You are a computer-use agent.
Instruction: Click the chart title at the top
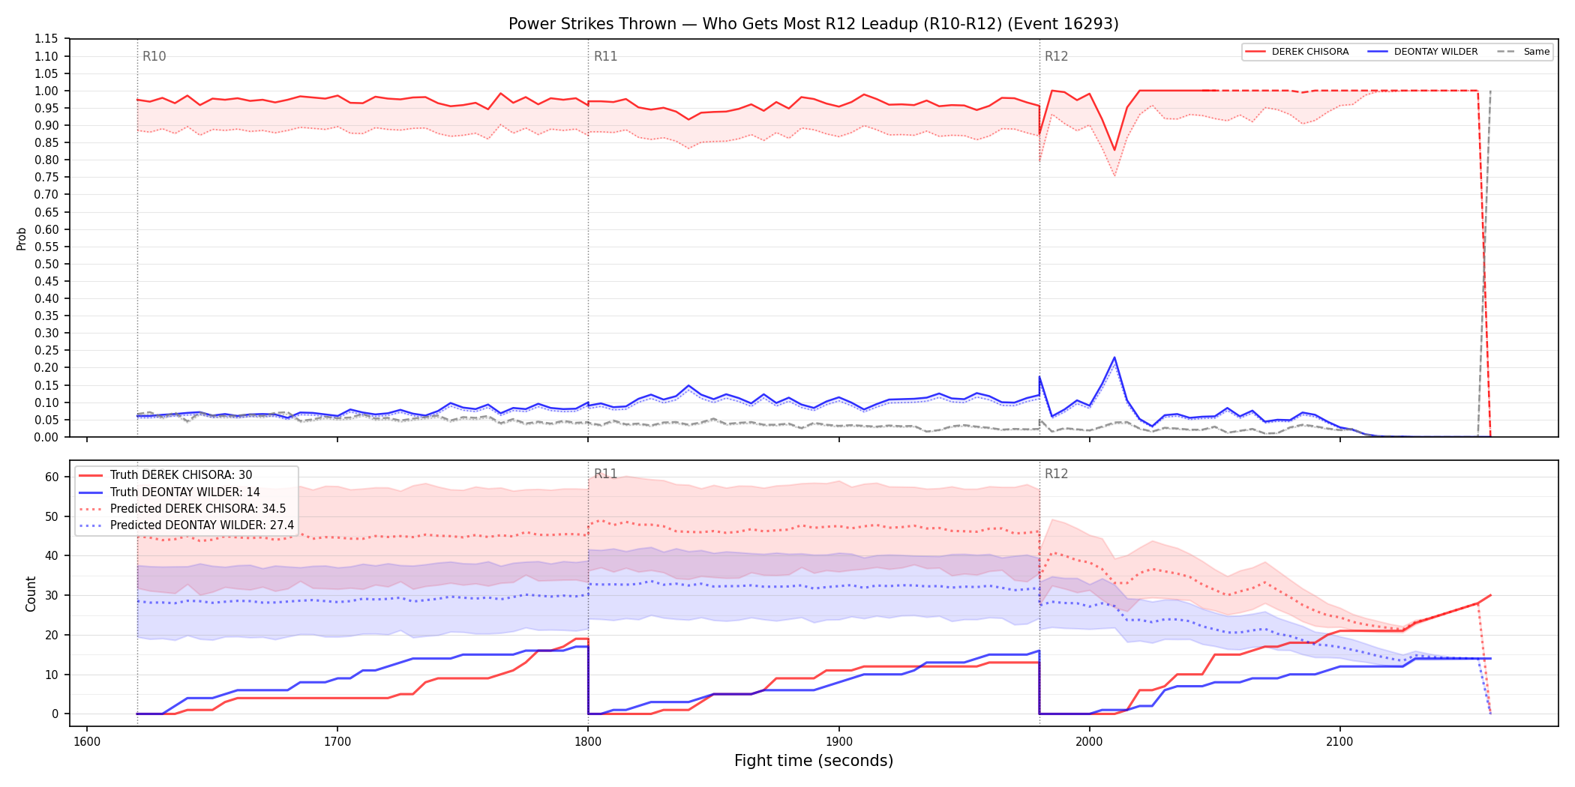813,24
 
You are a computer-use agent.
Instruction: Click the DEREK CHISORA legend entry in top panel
1297,52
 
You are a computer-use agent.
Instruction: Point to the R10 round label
154,56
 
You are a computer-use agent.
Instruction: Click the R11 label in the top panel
605,56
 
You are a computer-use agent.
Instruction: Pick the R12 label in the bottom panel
1056,474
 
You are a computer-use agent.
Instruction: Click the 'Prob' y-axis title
22,238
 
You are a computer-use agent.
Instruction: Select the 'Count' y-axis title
31,594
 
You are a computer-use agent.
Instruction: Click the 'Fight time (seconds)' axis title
814,761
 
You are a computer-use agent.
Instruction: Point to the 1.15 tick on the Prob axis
46,39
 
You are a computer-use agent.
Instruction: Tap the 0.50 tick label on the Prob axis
46,264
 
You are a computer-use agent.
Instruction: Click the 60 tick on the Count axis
52,477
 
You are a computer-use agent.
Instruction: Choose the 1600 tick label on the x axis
87,742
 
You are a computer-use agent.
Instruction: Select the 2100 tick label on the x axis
1339,742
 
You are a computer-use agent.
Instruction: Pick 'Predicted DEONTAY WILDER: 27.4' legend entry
187,525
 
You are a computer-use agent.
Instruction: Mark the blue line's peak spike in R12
1114,358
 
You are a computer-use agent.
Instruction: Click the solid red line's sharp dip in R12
1114,151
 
